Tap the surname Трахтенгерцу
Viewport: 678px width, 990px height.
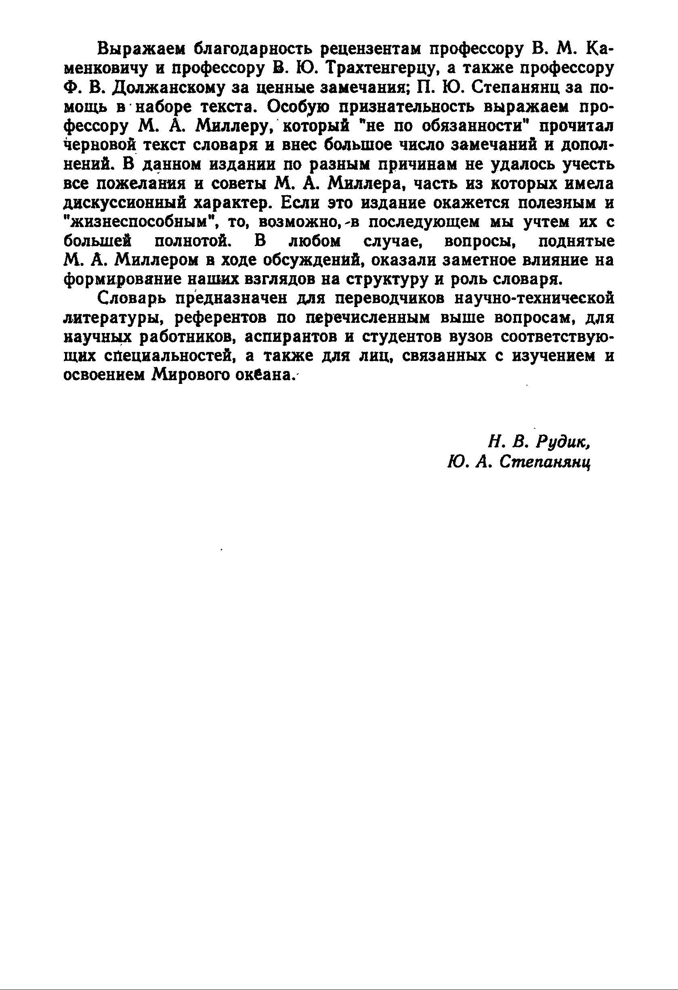point(392,69)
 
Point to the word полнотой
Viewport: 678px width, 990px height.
point(192,242)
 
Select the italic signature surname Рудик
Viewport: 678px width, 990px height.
point(563,442)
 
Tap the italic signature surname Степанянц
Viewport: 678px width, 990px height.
point(545,462)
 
